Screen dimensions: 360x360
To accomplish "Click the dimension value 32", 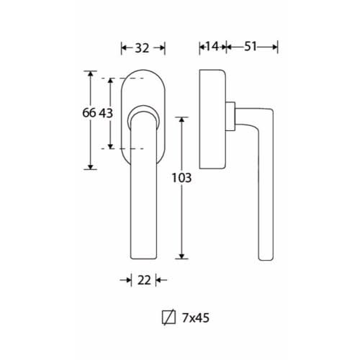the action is (x=142, y=48).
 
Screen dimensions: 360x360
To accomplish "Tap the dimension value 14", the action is (x=212, y=46).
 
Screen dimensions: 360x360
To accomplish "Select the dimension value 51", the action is (x=251, y=46).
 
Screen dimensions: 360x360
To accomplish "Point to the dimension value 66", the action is (x=89, y=113).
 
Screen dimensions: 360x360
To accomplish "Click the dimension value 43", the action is (x=106, y=113).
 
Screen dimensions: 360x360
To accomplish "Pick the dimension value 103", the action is (x=181, y=178).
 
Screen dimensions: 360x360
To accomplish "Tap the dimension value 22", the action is (x=144, y=280).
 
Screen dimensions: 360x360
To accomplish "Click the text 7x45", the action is (x=196, y=318).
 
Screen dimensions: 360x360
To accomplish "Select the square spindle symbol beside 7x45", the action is (x=168, y=318).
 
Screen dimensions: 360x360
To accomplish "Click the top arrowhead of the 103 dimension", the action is (x=181, y=120).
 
